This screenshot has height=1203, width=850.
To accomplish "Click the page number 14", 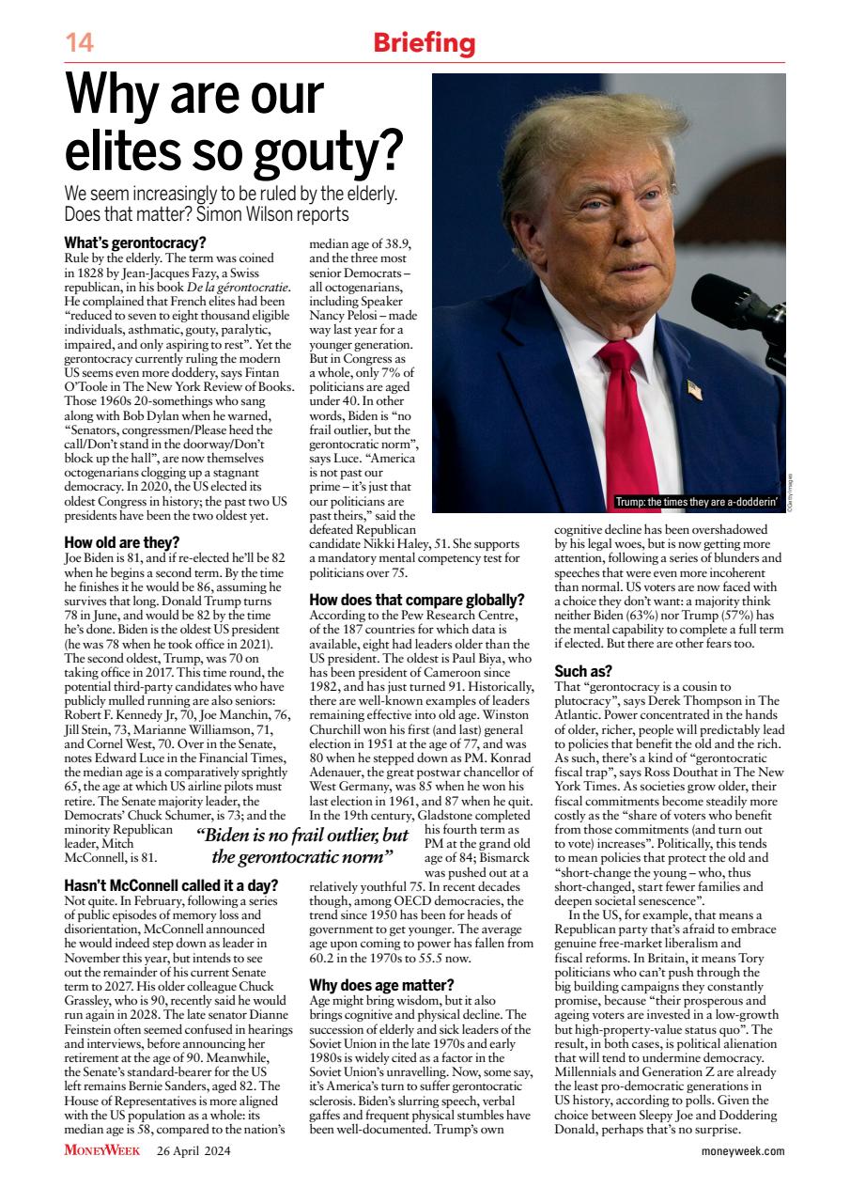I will point(78,43).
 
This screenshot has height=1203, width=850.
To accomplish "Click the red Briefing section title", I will point(424,43).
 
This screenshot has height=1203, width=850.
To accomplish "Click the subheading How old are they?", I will point(121,542).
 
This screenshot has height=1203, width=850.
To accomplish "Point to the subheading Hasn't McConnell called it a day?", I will point(171,885).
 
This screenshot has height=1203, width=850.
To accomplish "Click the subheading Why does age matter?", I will point(381,985).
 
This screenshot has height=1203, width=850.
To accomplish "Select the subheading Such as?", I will point(583,672).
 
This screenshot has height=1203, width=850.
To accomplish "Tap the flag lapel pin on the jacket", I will point(694,388).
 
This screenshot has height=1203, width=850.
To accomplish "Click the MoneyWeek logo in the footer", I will point(101,1150).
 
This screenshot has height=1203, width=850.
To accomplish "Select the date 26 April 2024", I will point(193,1150).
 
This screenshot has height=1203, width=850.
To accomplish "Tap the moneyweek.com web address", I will point(743,1150).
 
